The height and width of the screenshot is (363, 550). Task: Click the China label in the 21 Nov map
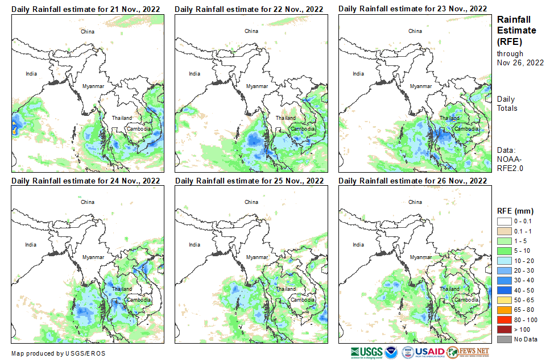click(88, 31)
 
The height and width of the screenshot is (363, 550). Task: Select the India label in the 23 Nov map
click(358, 73)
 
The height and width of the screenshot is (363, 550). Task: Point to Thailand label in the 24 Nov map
click(121, 289)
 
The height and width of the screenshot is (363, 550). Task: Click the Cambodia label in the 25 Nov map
click(301, 299)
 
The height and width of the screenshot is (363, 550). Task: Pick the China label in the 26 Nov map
click(415, 202)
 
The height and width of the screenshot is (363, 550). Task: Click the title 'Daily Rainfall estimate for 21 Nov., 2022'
click(85, 9)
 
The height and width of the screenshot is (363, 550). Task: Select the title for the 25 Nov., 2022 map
click(249, 181)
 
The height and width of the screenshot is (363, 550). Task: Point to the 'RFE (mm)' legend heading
click(515, 211)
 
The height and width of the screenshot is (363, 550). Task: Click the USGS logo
click(367, 352)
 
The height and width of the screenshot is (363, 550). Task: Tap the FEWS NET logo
click(468, 352)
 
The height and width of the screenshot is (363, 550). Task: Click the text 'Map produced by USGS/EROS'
click(58, 353)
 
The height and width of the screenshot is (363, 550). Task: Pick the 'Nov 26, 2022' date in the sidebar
click(520, 62)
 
